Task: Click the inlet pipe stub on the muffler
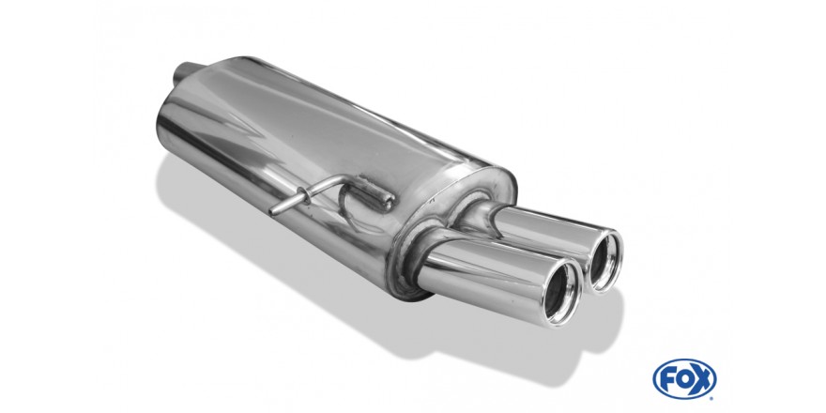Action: point(186,72)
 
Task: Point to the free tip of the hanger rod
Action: point(272,212)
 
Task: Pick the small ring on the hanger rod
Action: point(303,195)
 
